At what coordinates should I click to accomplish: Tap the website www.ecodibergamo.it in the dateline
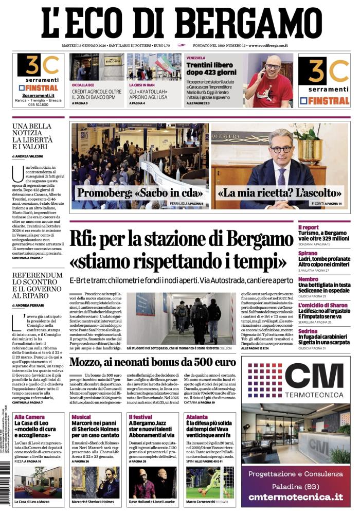pos(267,46)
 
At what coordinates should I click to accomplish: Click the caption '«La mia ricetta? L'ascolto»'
pos(280,193)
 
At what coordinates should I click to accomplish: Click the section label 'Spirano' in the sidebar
pos(308,254)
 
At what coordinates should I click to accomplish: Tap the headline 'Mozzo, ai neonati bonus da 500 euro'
pos(152,362)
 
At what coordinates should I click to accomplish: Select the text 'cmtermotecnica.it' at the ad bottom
pos(295,497)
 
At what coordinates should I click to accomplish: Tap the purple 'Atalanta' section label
pos(197,416)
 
